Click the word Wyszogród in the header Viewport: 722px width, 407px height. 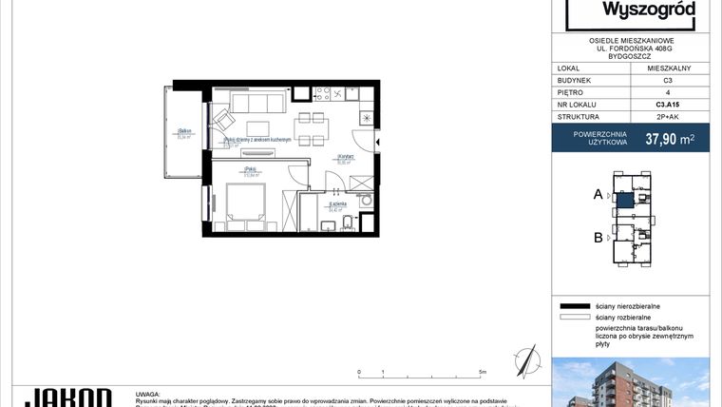point(636,11)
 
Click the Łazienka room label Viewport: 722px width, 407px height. point(337,203)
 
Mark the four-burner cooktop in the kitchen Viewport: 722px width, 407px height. point(335,94)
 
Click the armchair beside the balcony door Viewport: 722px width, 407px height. point(223,121)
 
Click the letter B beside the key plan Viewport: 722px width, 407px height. point(598,238)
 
